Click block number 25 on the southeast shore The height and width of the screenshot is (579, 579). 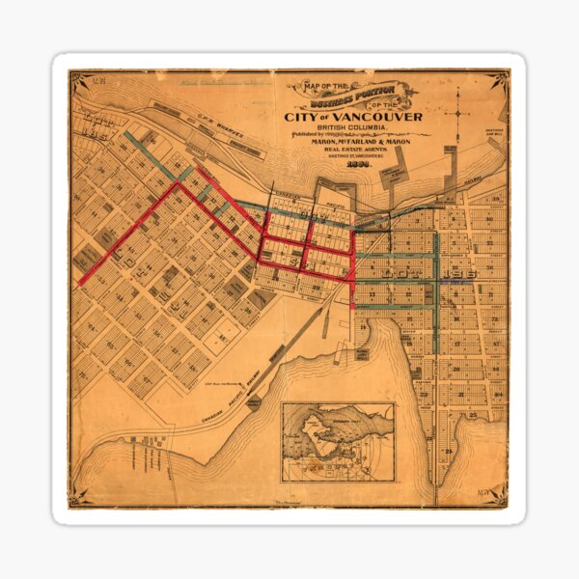(449, 450)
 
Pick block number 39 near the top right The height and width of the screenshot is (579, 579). (494, 200)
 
